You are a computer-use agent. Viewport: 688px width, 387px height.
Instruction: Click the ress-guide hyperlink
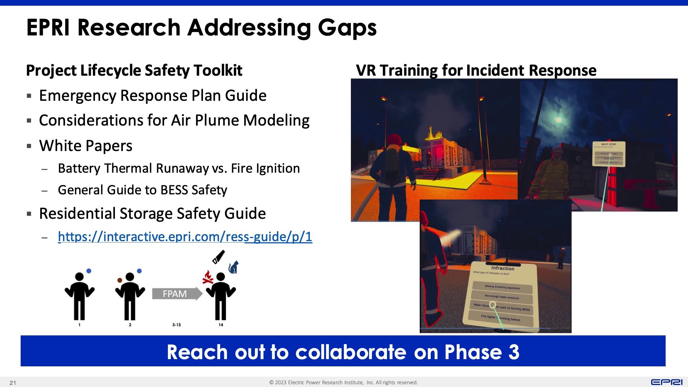click(x=185, y=237)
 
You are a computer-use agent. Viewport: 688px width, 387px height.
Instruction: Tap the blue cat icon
click(x=234, y=267)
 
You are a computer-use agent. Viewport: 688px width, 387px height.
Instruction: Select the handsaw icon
click(x=218, y=257)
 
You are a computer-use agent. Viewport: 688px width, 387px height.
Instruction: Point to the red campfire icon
click(x=208, y=277)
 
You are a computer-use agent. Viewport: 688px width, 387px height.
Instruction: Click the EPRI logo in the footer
click(x=666, y=382)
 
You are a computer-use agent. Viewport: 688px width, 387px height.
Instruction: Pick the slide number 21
click(x=13, y=383)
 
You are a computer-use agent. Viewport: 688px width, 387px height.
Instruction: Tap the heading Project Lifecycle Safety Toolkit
click(x=134, y=71)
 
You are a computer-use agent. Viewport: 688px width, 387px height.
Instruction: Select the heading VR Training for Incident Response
click(x=476, y=71)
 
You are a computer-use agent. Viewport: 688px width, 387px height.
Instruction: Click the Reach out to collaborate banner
click(x=343, y=351)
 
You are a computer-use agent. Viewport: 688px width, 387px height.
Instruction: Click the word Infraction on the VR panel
click(x=503, y=268)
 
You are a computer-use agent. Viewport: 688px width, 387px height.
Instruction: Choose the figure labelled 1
click(x=79, y=296)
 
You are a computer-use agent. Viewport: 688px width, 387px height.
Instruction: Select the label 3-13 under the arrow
click(x=176, y=325)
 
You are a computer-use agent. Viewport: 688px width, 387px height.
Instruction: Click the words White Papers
click(x=86, y=146)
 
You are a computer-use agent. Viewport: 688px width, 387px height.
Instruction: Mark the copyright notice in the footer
click(x=343, y=383)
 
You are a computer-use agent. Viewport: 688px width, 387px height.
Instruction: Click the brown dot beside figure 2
click(x=120, y=280)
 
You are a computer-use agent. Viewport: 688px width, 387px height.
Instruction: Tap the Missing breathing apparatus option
click(x=502, y=287)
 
